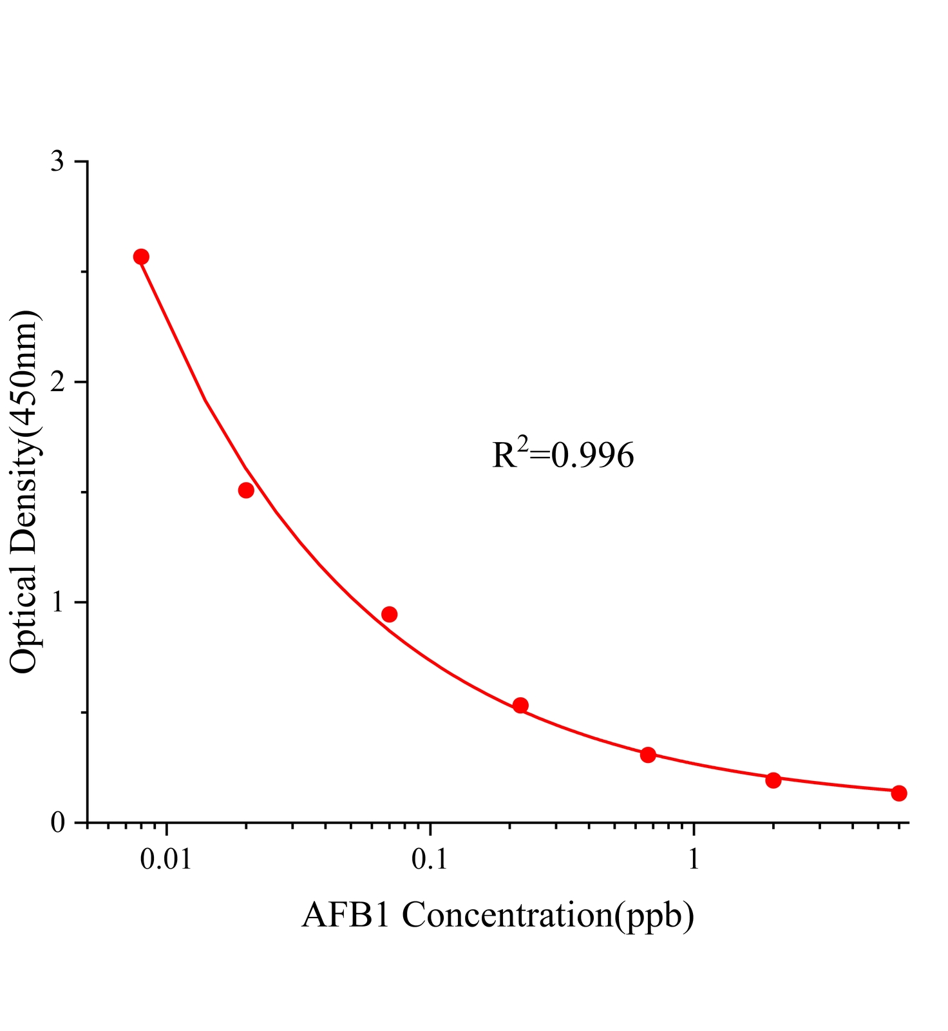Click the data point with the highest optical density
[x=141, y=257]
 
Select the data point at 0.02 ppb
[x=246, y=490]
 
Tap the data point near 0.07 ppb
[x=389, y=614]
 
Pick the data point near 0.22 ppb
[x=520, y=706]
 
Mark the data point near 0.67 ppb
[x=648, y=755]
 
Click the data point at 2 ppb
[x=773, y=780]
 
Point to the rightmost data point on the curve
[x=899, y=793]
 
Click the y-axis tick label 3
[x=58, y=161]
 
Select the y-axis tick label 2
[x=58, y=382]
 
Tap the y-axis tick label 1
[x=58, y=602]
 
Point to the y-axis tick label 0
[x=58, y=823]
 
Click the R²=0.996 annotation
[x=563, y=454]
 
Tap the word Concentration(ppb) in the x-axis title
[x=548, y=915]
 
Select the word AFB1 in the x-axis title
[x=346, y=914]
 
